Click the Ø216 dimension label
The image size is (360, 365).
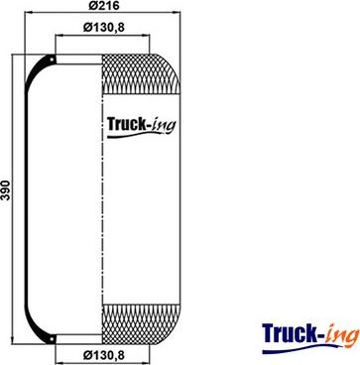click(104, 6)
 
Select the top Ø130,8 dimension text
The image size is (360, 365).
click(103, 28)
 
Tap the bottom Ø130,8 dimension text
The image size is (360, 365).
click(103, 356)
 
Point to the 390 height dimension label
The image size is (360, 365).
click(6, 190)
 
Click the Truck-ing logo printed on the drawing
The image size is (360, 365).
click(141, 126)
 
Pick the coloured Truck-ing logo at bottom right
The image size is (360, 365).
click(310, 338)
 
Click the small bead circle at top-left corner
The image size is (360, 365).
click(52, 60)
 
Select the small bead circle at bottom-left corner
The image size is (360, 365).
click(52, 339)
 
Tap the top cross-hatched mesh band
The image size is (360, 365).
click(141, 73)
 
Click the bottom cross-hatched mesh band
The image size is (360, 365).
click(141, 324)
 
